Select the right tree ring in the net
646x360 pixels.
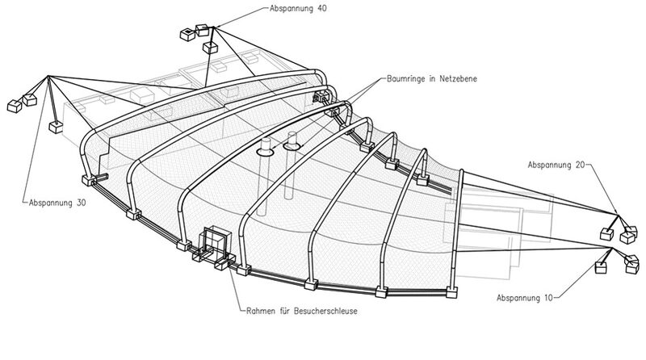point(292,147)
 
